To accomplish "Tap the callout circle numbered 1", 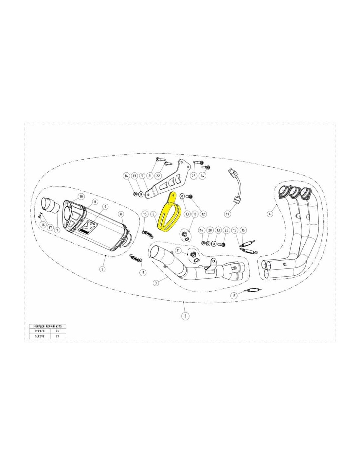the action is point(185,316).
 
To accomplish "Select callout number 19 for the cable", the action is point(227,213).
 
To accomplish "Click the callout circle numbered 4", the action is point(270,213).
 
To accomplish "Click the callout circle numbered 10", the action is point(81,197).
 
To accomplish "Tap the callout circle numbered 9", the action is point(105,206).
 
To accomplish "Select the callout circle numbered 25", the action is point(226,231).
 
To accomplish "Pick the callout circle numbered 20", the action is point(210,231).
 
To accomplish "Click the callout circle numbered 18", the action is point(195,214).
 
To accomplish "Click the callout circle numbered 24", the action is point(203,176).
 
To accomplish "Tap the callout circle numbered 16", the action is point(43,224).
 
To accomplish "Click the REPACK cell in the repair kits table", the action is point(40,331).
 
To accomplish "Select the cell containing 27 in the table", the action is point(58,336).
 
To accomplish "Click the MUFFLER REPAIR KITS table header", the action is point(47,326).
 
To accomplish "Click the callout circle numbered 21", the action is point(150,176).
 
